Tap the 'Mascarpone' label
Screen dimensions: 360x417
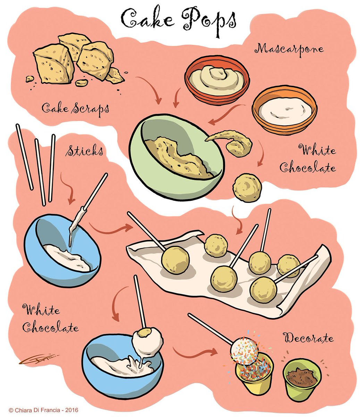pyautogui.click(x=289, y=50)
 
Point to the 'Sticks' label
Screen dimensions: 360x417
pyautogui.click(x=84, y=150)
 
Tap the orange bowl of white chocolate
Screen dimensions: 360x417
pyautogui.click(x=284, y=110)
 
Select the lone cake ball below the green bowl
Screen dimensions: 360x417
pyautogui.click(x=247, y=187)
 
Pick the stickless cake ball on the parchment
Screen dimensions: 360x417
pyautogui.click(x=216, y=246)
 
